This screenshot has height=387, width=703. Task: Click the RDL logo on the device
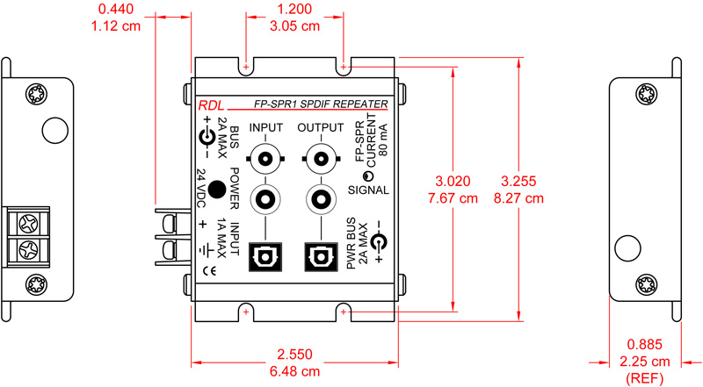tap(210, 104)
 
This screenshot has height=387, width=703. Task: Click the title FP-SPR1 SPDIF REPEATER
tap(320, 104)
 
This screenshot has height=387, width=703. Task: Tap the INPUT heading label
tap(265, 128)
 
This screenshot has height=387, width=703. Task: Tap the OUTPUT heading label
tap(320, 128)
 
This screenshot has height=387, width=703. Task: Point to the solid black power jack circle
tap(210, 195)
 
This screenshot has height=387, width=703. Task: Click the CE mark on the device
tap(210, 270)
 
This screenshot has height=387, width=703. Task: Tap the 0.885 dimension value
tap(646, 344)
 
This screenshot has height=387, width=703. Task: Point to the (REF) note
tap(646, 378)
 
